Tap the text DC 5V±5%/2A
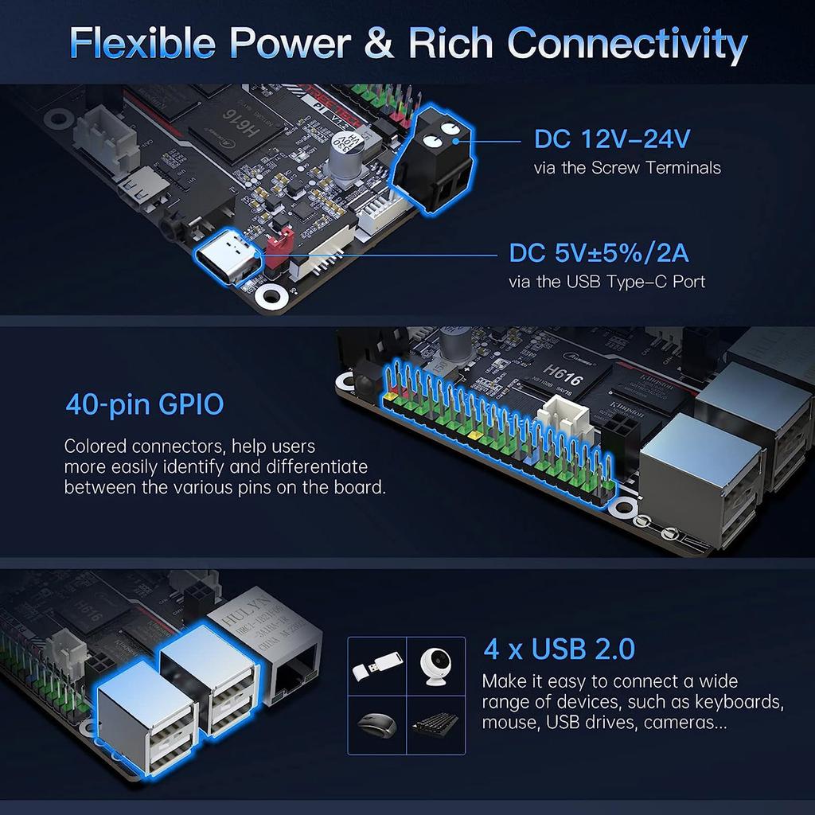[599, 253]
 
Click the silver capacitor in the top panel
[350, 151]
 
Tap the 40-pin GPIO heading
[144, 404]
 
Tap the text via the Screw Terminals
[627, 167]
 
